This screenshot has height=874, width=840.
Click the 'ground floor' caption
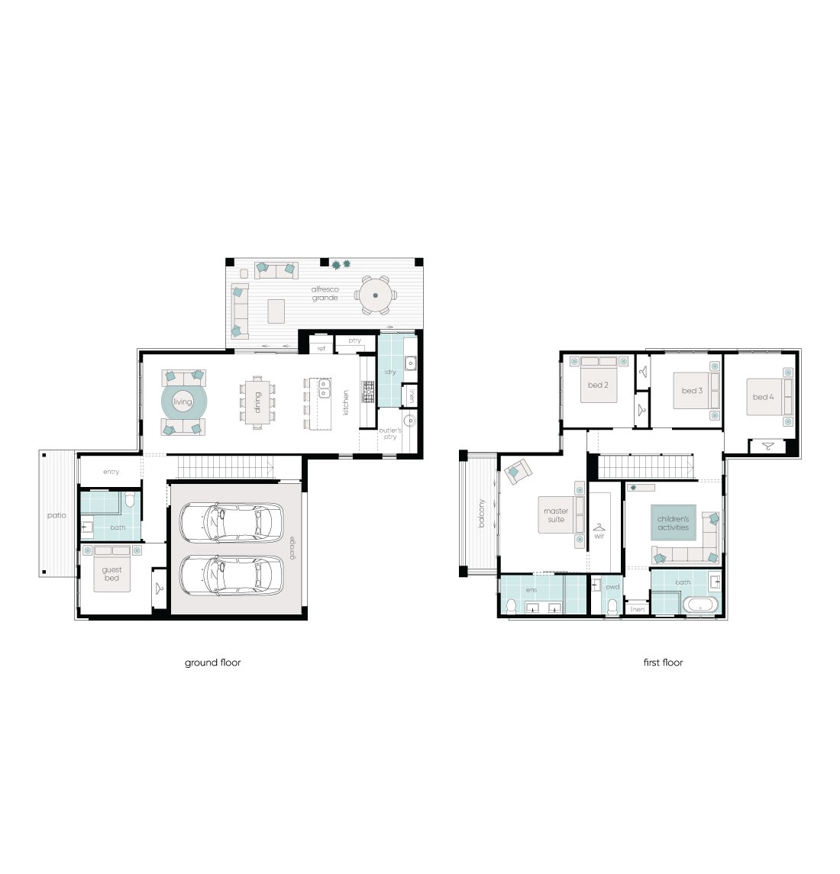212,663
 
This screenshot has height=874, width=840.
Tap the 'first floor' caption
663,663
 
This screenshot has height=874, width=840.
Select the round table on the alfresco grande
375,295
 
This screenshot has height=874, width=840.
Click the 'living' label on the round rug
183,402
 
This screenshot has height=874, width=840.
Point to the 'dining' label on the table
258,402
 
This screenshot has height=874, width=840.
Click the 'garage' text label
292,548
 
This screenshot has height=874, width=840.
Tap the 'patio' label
57,515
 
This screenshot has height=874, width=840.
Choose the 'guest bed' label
112,574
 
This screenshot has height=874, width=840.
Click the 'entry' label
111,472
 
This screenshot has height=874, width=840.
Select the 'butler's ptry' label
390,434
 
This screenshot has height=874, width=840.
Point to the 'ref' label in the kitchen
321,348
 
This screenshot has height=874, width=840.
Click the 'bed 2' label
598,385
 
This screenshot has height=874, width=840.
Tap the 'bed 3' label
692,391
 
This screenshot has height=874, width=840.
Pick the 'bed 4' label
763,397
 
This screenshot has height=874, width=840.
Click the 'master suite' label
556,515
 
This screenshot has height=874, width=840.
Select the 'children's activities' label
673,524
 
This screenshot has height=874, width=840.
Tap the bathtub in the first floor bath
700,607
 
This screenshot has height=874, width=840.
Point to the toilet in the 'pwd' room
612,607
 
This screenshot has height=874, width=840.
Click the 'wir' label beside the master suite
599,536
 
